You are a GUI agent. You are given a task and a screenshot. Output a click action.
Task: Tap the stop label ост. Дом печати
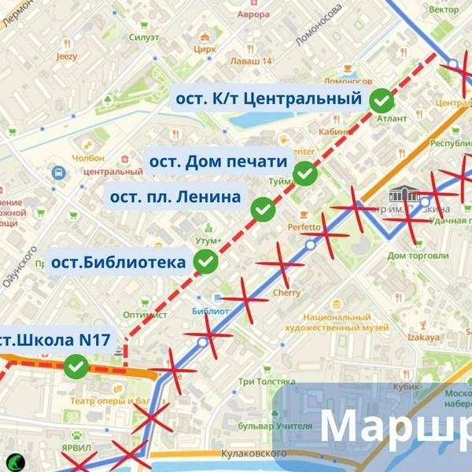click(x=218, y=162)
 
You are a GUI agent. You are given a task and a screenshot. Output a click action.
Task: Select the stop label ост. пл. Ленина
click(x=175, y=197)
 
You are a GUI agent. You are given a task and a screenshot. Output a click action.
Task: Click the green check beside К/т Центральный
click(x=382, y=100)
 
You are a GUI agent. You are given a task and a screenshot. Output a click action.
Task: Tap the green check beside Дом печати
click(x=305, y=174)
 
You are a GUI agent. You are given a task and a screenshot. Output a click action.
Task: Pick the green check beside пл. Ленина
click(x=263, y=209)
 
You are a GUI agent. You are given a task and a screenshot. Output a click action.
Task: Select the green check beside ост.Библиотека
click(x=206, y=261)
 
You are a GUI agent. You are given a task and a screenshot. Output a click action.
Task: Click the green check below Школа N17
click(x=76, y=366)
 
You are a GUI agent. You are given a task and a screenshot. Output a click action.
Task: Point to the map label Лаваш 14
click(x=250, y=61)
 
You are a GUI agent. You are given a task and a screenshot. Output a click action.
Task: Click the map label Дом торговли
click(x=418, y=256)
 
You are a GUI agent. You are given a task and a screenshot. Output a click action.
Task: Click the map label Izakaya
click(x=424, y=337)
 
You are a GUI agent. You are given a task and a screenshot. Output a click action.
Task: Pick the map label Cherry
click(x=287, y=293)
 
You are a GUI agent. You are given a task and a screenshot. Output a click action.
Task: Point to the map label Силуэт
click(x=145, y=38)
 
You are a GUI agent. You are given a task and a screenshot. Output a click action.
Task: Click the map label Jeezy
click(x=67, y=57)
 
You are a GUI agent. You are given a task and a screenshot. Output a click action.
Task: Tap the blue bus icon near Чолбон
click(x=58, y=171)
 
